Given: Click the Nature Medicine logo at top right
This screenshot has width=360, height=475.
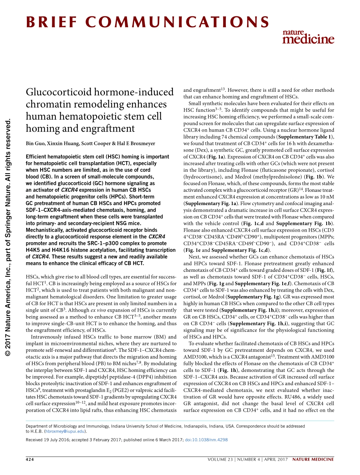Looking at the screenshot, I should pos(308,36).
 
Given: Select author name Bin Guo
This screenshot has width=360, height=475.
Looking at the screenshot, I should pos(34,144).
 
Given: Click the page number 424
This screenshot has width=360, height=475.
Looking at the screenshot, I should pos(30,459).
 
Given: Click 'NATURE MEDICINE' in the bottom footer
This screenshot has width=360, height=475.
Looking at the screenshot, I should pos(315,459).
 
